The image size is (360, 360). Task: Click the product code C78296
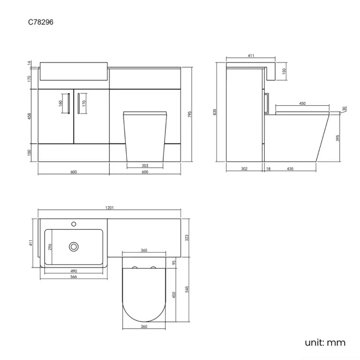(41, 23)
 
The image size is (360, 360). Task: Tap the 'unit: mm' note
(325, 342)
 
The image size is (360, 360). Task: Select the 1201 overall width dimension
(109, 208)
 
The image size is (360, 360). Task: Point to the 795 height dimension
(189, 115)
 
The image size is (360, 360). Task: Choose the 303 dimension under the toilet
(145, 166)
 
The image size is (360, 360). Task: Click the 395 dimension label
(337, 138)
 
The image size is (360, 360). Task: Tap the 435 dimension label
(291, 168)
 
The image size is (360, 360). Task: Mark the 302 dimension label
(244, 168)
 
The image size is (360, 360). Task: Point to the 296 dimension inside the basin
(50, 247)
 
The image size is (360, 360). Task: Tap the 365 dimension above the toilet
(143, 251)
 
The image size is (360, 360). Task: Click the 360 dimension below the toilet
(143, 327)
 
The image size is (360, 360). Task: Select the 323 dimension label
(187, 238)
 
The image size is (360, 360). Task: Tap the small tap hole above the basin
(74, 224)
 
